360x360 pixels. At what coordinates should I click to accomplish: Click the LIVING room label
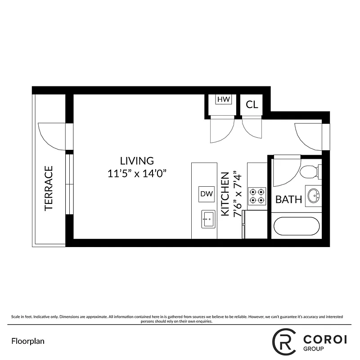[x=137, y=161]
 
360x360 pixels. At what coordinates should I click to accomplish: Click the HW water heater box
[x=224, y=99]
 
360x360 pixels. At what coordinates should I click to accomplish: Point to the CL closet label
[x=252, y=105]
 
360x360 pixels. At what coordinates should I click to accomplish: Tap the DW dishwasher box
[x=207, y=194]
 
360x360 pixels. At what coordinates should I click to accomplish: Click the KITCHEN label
[x=226, y=194]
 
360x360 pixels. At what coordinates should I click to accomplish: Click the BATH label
[x=288, y=199]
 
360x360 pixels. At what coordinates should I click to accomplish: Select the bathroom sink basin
[x=313, y=196]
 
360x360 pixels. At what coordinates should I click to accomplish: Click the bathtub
[x=296, y=226]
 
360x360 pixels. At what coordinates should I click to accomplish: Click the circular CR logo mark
[x=284, y=341]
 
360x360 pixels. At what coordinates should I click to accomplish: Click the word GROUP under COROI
[x=313, y=349]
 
